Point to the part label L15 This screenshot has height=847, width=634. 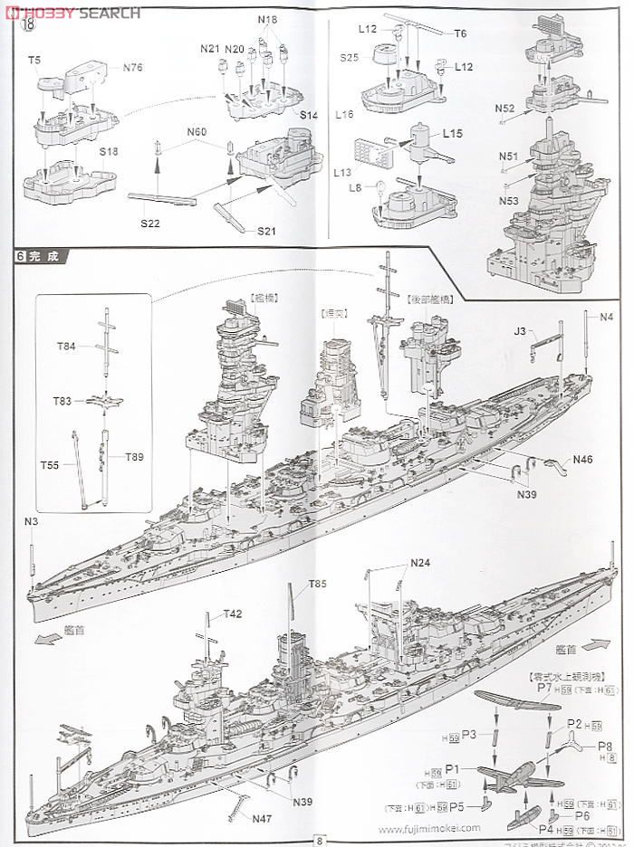(454, 133)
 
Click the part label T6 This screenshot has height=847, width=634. (460, 33)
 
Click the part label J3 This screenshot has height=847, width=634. (520, 333)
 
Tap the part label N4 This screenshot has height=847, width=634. (606, 316)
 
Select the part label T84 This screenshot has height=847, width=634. (67, 347)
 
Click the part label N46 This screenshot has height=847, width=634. (582, 460)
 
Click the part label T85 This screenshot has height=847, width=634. (317, 584)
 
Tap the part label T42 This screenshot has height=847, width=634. (233, 614)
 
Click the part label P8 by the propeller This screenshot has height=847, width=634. (606, 746)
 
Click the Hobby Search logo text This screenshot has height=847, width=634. (76, 12)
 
